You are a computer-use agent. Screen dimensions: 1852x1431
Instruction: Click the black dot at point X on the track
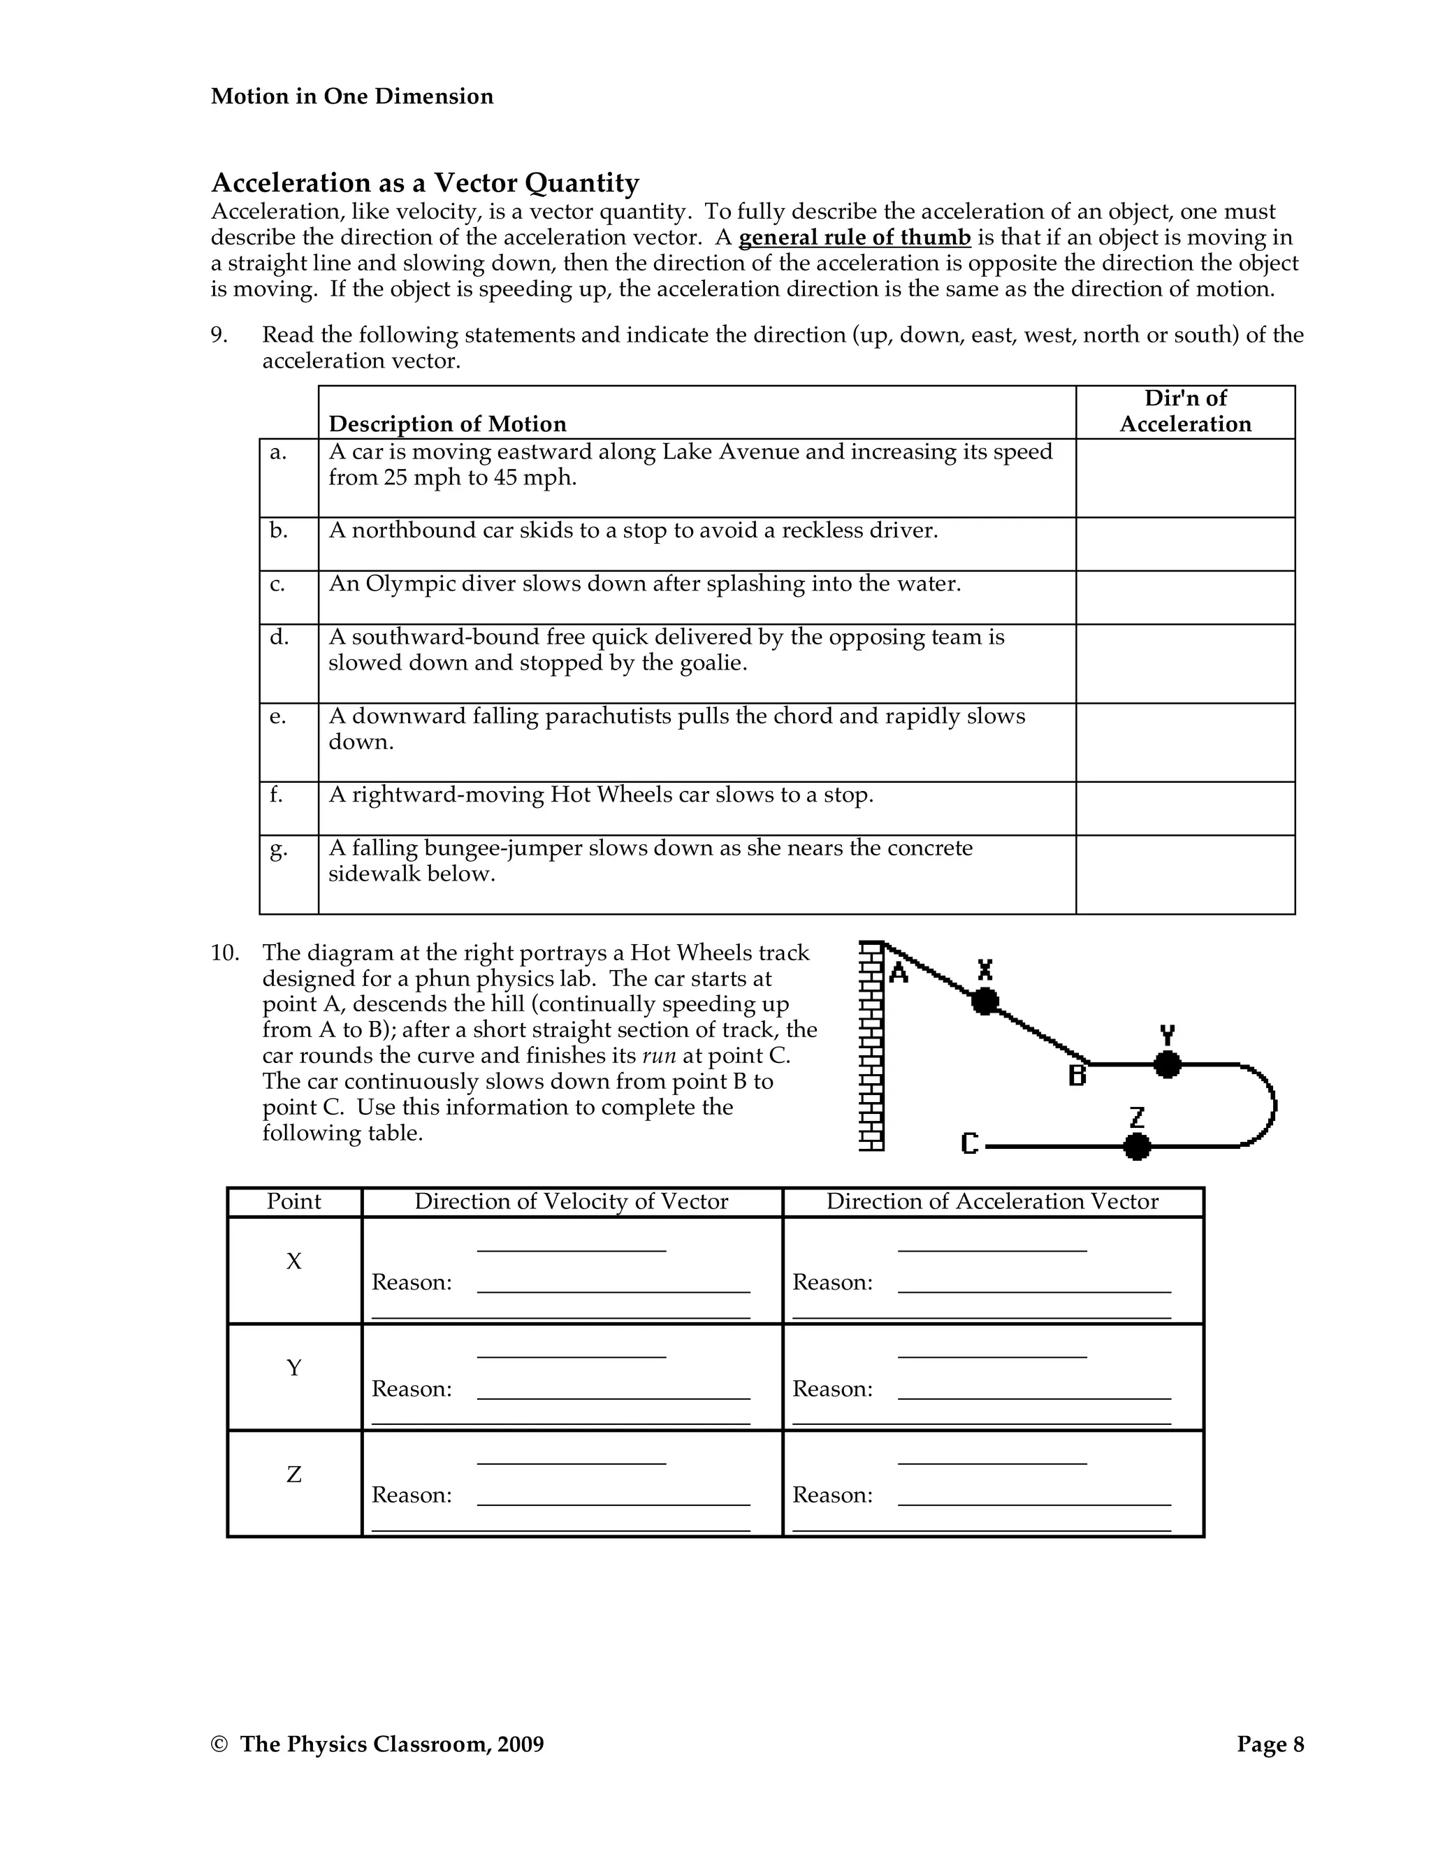[x=985, y=1001]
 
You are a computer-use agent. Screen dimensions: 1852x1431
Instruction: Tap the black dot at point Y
[x=1168, y=1064]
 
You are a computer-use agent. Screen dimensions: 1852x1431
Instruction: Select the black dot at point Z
[x=1137, y=1146]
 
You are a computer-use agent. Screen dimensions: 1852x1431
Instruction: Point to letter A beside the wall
[x=899, y=973]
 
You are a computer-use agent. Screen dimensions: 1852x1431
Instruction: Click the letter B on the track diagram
[x=1077, y=1076]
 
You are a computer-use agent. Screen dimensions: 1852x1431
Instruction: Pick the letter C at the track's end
[x=970, y=1144]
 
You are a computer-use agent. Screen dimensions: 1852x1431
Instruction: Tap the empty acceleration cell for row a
[x=1184, y=477]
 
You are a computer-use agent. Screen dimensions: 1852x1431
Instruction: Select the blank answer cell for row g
[x=1184, y=874]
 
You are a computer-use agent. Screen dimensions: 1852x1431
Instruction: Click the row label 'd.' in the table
[x=279, y=637]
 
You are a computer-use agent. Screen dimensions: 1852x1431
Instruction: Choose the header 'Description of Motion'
[x=446, y=424]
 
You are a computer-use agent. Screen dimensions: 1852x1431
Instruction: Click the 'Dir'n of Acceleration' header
[x=1184, y=411]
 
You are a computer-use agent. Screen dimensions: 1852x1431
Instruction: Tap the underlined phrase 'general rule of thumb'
[x=854, y=238]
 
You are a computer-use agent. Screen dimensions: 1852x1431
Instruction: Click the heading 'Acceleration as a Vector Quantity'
[x=425, y=182]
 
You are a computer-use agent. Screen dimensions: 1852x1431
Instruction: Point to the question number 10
[x=225, y=953]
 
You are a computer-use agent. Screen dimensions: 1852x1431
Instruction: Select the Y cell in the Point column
[x=293, y=1368]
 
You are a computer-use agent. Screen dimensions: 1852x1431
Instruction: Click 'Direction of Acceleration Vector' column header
[x=992, y=1201]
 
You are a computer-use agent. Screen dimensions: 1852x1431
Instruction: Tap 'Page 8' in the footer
[x=1270, y=1744]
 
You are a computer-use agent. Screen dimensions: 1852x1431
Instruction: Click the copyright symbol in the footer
[x=219, y=1745]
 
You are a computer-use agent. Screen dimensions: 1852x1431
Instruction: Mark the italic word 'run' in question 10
[x=659, y=1057]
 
